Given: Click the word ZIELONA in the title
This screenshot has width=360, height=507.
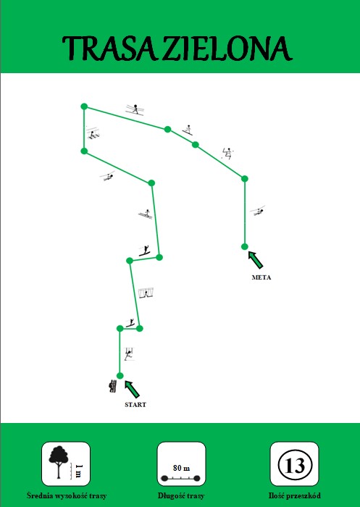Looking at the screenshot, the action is pyautogui.click(x=227, y=49).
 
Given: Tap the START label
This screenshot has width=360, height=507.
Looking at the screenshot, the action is pyautogui.click(x=135, y=404).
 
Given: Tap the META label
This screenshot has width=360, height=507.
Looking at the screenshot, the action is pyautogui.click(x=261, y=277).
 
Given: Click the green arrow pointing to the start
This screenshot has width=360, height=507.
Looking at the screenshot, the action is pyautogui.click(x=132, y=390).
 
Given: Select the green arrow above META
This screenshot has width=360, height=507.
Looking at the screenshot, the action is pyautogui.click(x=256, y=260).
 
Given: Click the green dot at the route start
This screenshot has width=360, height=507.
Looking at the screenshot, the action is pyautogui.click(x=120, y=376).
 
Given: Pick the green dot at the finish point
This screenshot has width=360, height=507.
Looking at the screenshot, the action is pyautogui.click(x=245, y=247).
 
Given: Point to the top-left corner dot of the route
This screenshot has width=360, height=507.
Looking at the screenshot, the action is pyautogui.click(x=84, y=106).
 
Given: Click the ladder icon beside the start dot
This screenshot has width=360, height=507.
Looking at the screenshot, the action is pyautogui.click(x=113, y=386).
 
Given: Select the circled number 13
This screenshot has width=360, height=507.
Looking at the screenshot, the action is pyautogui.click(x=295, y=465).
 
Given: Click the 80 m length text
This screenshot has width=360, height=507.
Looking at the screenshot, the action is pyautogui.click(x=182, y=468).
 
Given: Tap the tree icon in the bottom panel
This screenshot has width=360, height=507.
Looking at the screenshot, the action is pyautogui.click(x=59, y=462).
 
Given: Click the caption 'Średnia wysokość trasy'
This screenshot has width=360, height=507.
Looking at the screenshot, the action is pyautogui.click(x=67, y=495).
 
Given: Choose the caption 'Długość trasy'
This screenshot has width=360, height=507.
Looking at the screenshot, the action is pyautogui.click(x=181, y=495).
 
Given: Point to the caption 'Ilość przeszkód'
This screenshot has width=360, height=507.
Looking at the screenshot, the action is pyautogui.click(x=295, y=495).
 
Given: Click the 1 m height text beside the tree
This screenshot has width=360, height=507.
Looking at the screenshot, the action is pyautogui.click(x=78, y=471).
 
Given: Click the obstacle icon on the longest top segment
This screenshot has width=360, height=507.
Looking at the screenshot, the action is pyautogui.click(x=135, y=109).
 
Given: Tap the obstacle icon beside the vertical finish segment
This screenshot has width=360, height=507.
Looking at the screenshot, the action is pyautogui.click(x=258, y=211).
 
